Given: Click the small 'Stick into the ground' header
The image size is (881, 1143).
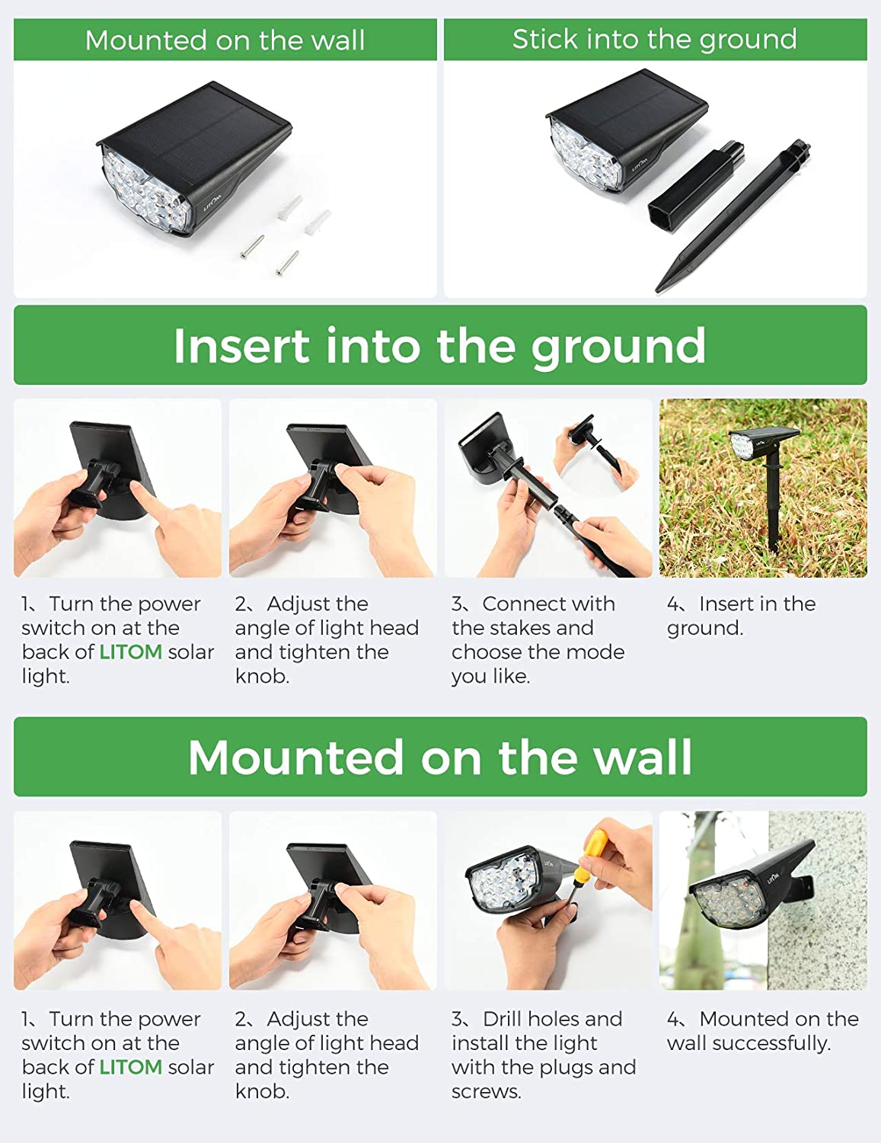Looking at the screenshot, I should click(654, 39).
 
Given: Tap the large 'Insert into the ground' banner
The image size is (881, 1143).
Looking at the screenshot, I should click(439, 345).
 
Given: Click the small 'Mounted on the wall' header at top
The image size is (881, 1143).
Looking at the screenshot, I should click(225, 40).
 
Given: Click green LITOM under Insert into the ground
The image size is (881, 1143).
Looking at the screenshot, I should click(130, 652).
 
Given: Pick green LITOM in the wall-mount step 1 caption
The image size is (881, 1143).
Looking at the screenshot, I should click(130, 1067).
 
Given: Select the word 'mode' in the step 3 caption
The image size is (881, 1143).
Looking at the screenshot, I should click(597, 652).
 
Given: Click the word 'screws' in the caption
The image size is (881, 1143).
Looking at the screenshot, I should click(485, 1091).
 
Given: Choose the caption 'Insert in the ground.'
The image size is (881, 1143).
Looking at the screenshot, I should click(740, 616).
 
